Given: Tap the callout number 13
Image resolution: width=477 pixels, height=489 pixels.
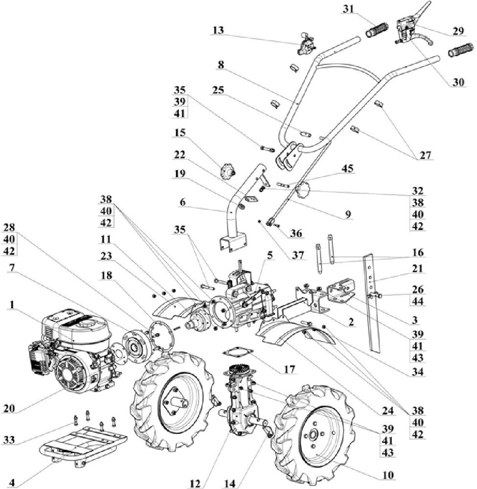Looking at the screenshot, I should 218,30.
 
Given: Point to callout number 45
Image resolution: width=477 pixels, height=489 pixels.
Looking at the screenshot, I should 349,169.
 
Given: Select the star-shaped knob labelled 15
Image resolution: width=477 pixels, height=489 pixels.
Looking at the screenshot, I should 227,172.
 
